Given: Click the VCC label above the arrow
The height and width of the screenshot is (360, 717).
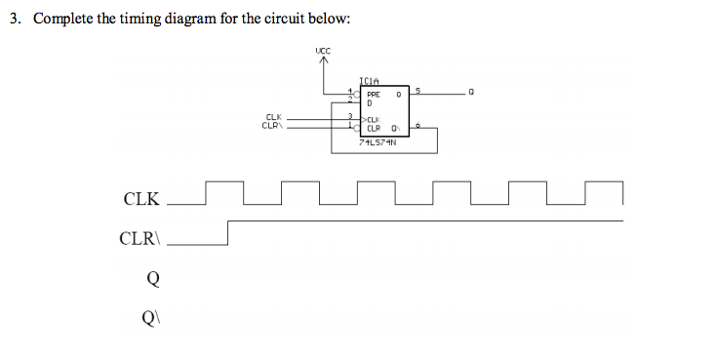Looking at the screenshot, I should (323, 50).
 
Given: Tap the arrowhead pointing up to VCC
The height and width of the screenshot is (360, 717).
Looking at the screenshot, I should (323, 61).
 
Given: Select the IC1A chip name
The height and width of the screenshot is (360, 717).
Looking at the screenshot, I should (369, 82).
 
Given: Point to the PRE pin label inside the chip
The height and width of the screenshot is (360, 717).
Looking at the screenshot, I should (373, 95).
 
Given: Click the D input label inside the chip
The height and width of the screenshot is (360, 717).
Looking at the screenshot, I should (371, 103).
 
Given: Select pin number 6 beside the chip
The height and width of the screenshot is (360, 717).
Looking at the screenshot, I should (418, 126).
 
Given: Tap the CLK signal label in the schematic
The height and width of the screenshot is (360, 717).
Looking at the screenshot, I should (273, 118).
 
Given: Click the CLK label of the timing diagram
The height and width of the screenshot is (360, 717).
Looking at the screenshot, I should (141, 199).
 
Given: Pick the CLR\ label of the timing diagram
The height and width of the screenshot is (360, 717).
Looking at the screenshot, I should (141, 238).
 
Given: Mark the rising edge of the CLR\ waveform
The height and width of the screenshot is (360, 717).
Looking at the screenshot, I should (227, 232).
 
